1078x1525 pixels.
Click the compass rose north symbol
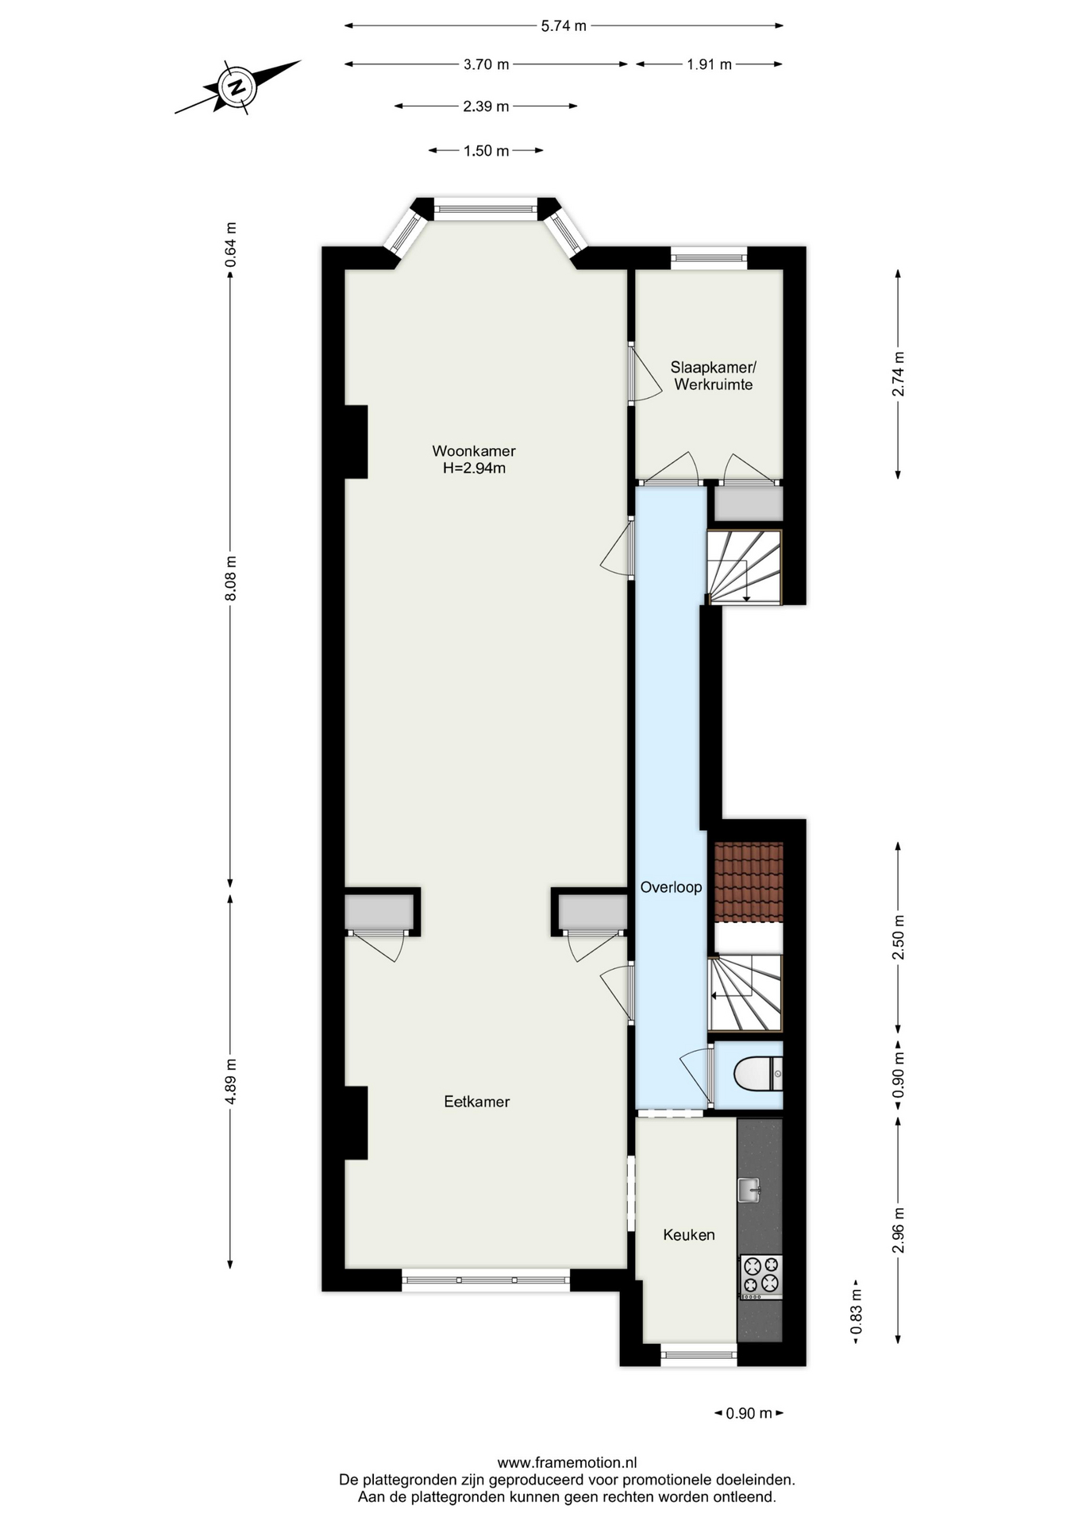pyautogui.click(x=237, y=87)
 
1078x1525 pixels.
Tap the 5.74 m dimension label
pyautogui.click(x=564, y=25)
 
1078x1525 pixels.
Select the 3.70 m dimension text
pyautogui.click(x=486, y=64)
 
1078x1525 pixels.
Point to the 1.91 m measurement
pyautogui.click(x=709, y=64)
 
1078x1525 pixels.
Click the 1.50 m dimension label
pyautogui.click(x=486, y=151)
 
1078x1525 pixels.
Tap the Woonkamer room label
pyautogui.click(x=474, y=451)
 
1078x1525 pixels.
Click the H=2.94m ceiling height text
pyautogui.click(x=474, y=469)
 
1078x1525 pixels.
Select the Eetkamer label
pyautogui.click(x=476, y=1102)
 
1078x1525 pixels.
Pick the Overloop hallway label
pyautogui.click(x=671, y=887)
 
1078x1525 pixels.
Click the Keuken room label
pyautogui.click(x=689, y=1235)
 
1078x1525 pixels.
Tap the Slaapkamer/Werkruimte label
pyautogui.click(x=713, y=376)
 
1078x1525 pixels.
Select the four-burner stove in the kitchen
pyautogui.click(x=761, y=1278)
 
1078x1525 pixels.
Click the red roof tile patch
pyautogui.click(x=749, y=882)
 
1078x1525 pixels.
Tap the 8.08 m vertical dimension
pyautogui.click(x=231, y=579)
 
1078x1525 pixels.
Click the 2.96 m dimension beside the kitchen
pyautogui.click(x=899, y=1230)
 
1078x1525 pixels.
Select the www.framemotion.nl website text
pyautogui.click(x=567, y=1462)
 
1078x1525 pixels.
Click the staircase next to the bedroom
pyautogui.click(x=744, y=567)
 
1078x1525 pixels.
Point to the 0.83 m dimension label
pyautogui.click(x=857, y=1311)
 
